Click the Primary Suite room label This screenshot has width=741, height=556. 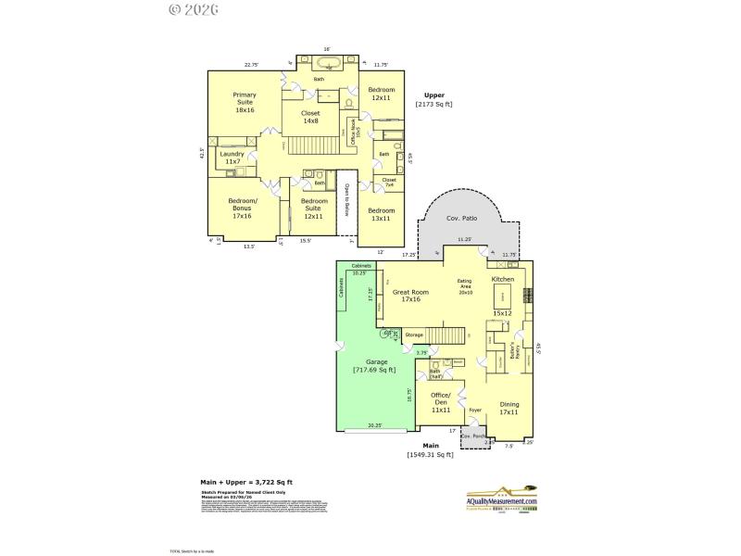[245, 102]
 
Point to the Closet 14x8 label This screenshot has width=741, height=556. [309, 117]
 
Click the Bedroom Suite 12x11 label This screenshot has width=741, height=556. [314, 208]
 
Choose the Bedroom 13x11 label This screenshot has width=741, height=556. [381, 214]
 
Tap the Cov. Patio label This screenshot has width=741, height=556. [461, 220]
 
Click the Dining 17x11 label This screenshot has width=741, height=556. [509, 409]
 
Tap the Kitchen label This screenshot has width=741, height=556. [503, 279]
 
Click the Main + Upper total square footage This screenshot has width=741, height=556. [246, 483]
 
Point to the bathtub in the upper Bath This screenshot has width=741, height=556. [327, 64]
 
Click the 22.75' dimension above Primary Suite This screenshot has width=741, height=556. [251, 65]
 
